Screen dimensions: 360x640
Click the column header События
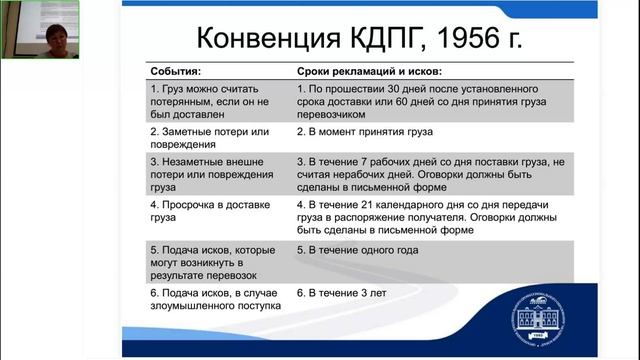pyautogui.click(x=175, y=73)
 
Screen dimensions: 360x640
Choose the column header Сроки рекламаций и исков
pyautogui.click(x=369, y=73)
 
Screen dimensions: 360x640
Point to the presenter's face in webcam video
pyautogui.click(x=36, y=24)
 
